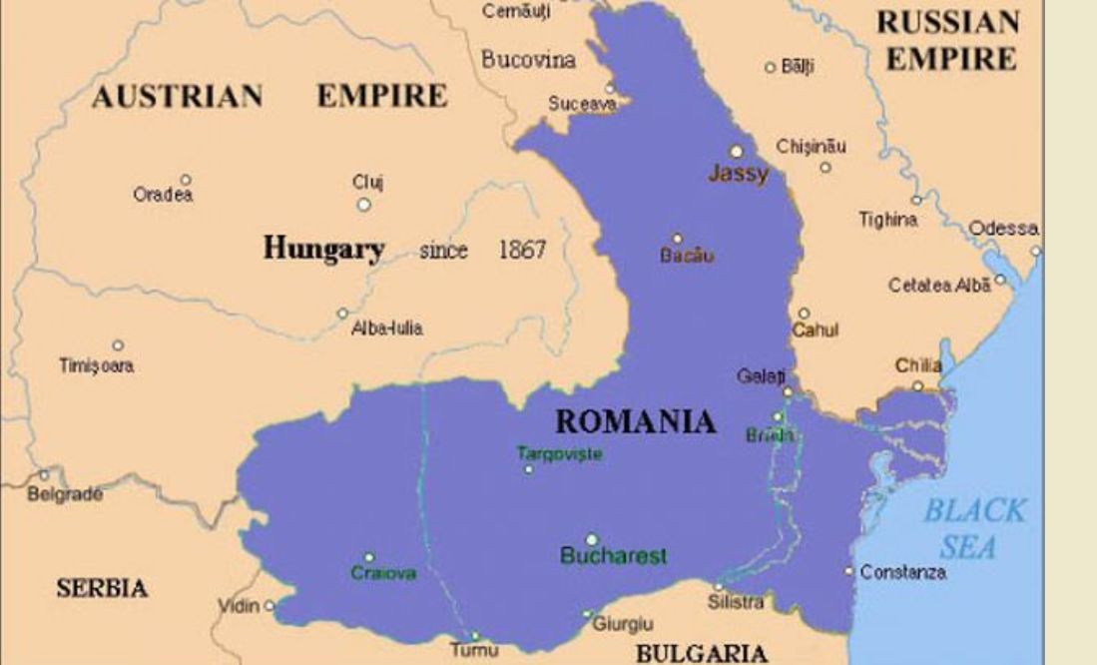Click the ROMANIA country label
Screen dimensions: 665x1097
pyautogui.click(x=635, y=421)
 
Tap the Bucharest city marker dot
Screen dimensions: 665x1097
pyautogui.click(x=592, y=539)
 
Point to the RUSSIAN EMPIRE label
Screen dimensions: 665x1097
pyautogui.click(x=947, y=40)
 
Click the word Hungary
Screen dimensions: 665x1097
pyautogui.click(x=323, y=249)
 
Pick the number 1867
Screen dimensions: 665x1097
pyautogui.click(x=522, y=250)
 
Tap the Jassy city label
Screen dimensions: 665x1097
pyautogui.click(x=739, y=174)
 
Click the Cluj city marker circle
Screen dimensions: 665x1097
pyautogui.click(x=364, y=204)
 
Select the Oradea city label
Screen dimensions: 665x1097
pyautogui.click(x=163, y=196)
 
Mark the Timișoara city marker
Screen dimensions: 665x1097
pyautogui.click(x=118, y=345)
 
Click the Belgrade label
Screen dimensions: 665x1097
pyautogui.click(x=64, y=493)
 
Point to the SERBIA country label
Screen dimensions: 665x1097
pyautogui.click(x=102, y=588)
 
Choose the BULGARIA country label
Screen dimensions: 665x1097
pyautogui.click(x=702, y=654)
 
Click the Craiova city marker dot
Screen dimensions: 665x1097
pyautogui.click(x=369, y=557)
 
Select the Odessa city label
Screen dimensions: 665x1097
pyautogui.click(x=1003, y=229)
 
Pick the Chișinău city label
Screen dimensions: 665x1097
pyautogui.click(x=811, y=146)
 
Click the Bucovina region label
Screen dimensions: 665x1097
pyautogui.click(x=528, y=60)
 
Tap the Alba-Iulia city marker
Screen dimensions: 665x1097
pyautogui.click(x=342, y=313)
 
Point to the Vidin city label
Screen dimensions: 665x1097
pyautogui.click(x=239, y=606)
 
